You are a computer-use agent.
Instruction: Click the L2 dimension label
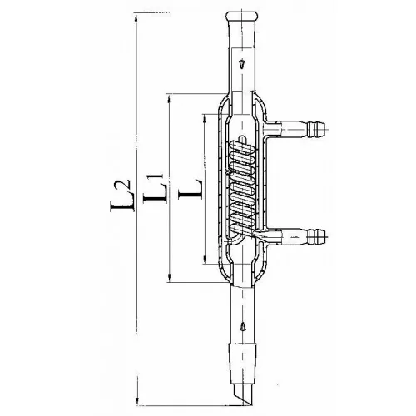pos(120,196)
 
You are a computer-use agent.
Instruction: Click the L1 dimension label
pos(154,188)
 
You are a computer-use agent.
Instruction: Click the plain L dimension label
pos(191,189)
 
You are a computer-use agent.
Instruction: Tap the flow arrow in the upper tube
pos(242,64)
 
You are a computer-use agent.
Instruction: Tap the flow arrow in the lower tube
pos(243,326)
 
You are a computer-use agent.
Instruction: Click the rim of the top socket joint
pos(241,16)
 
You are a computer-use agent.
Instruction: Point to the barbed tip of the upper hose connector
pos(316,129)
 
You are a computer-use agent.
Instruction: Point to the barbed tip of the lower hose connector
pos(316,236)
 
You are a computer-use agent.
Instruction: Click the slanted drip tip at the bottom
pos(243,394)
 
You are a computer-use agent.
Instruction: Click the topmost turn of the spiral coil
pos(242,148)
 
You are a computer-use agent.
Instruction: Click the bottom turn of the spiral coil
pos(242,220)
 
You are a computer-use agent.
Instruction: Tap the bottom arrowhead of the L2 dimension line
pos(137,399)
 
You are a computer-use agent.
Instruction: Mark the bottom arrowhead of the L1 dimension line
pos(170,276)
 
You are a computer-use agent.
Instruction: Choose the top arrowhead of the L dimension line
pos(205,120)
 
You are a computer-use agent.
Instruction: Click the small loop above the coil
pos(243,138)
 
